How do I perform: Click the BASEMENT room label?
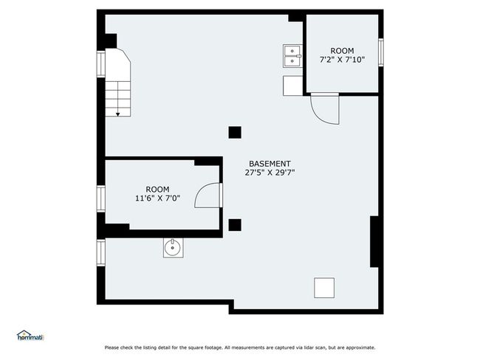coord(270,164)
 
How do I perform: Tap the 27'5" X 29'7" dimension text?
coord(270,173)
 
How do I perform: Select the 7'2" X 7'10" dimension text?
coord(342,60)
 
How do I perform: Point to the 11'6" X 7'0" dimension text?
coord(157,198)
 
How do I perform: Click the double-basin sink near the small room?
coord(292,56)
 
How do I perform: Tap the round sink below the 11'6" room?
coord(174,248)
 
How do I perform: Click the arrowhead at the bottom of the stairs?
coord(118,114)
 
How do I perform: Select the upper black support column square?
coord(235,133)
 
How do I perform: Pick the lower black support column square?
coord(235,225)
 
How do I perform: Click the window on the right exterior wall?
coord(381,52)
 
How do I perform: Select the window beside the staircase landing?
coord(101,64)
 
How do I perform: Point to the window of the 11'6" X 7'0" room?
coord(101,198)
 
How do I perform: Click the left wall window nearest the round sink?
coord(101,252)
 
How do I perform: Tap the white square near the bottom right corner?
coord(324,288)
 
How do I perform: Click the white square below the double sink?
coord(292,86)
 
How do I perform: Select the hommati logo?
coord(30,336)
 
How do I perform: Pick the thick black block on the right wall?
coord(374,242)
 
